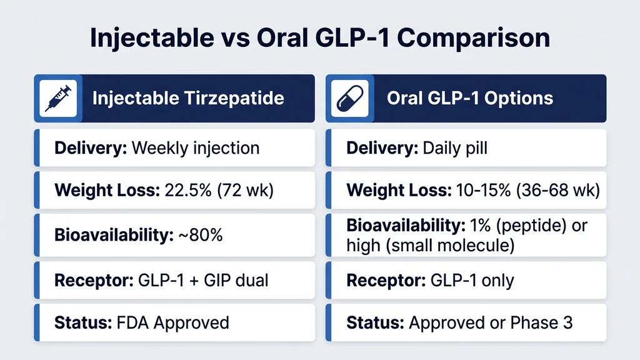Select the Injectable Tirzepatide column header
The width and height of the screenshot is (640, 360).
(188, 98)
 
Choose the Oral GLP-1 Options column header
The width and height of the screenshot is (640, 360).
(470, 98)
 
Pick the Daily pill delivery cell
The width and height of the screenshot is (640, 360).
(456, 148)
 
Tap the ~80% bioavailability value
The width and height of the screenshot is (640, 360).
(201, 235)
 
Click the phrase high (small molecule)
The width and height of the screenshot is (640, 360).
(431, 246)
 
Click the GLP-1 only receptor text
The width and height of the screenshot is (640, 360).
(472, 279)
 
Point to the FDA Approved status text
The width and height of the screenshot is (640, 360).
(172, 322)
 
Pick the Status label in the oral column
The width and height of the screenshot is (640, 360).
(375, 322)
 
